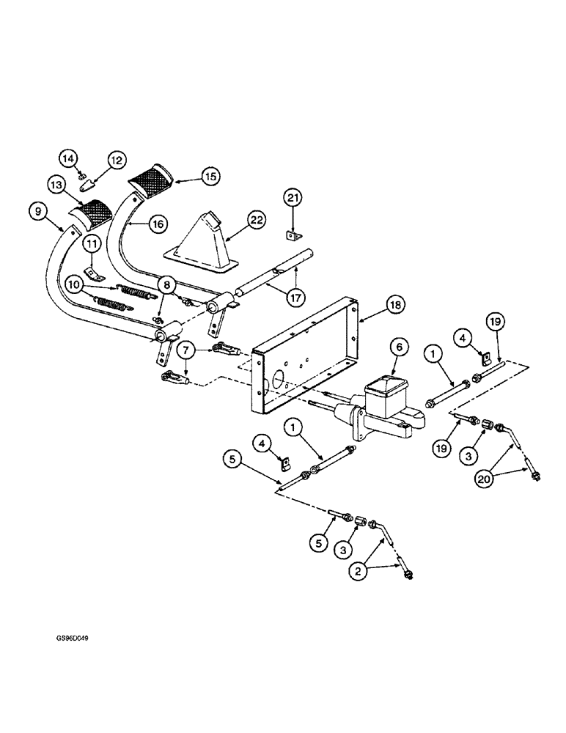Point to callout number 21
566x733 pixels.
coord(293,199)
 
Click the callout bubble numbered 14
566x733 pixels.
coord(68,157)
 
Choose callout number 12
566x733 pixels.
coord(117,159)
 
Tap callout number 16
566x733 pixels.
coord(158,224)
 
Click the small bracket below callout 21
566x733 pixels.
coord(293,235)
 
